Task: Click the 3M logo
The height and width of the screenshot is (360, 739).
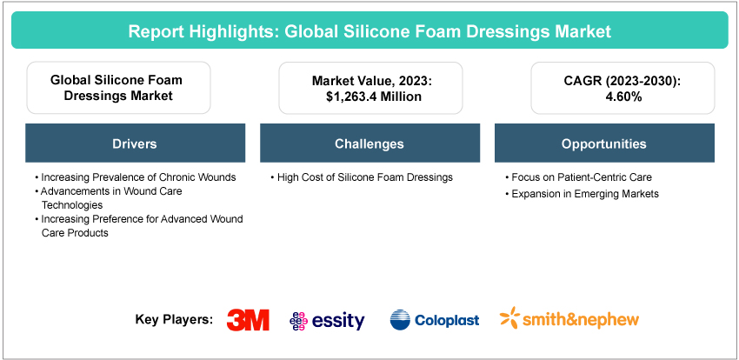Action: point(248,320)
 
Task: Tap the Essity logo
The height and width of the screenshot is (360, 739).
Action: point(327,321)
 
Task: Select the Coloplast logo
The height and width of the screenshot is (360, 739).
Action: point(435,320)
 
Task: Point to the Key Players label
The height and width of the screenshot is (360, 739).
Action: point(174,320)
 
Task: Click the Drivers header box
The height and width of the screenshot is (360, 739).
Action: point(136,143)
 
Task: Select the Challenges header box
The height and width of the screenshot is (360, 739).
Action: point(370,143)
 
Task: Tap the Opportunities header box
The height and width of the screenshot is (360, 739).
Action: point(605,143)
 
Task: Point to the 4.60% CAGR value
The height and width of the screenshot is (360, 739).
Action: point(622,97)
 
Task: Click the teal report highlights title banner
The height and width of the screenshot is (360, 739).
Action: point(369,30)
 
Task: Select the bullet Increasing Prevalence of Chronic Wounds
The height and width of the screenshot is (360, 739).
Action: point(136,177)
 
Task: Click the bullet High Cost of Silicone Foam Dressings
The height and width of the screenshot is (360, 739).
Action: point(362,177)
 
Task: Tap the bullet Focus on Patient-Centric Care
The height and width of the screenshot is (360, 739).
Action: point(578,177)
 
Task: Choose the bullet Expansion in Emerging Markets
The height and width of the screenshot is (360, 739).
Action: point(582,194)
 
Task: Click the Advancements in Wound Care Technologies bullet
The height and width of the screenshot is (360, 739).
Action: point(109,198)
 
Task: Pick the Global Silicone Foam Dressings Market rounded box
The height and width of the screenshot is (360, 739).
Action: point(119,88)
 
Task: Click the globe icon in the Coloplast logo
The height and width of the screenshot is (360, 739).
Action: point(400,320)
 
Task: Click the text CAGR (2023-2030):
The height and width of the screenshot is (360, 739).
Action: point(622,80)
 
